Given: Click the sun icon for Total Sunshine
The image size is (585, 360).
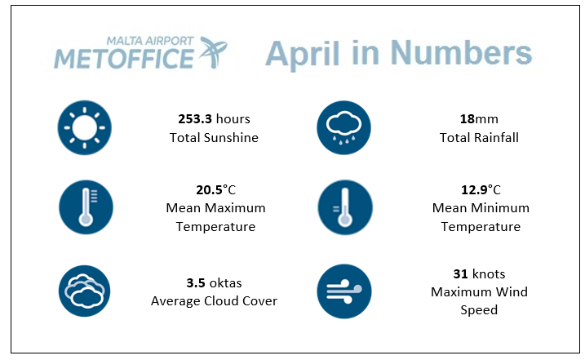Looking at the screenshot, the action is pyautogui.click(x=85, y=127).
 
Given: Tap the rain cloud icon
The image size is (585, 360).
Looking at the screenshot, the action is pyautogui.click(x=343, y=127).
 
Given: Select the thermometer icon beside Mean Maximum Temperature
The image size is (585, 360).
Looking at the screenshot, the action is pyautogui.click(x=86, y=207).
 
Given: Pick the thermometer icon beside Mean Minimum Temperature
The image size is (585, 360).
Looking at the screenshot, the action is pyautogui.click(x=345, y=207).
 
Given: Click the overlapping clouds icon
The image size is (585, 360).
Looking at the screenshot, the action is pyautogui.click(x=84, y=291).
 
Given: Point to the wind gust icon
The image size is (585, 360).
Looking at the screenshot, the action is pyautogui.click(x=344, y=291).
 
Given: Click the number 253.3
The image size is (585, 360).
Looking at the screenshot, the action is pyautogui.click(x=195, y=118).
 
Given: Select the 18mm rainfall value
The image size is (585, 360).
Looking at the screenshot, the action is pyautogui.click(x=479, y=118).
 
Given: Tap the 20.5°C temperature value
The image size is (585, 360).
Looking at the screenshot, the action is pyautogui.click(x=215, y=189).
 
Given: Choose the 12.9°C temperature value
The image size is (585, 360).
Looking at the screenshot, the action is pyautogui.click(x=481, y=189).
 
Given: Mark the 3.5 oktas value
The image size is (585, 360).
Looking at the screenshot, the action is pyautogui.click(x=214, y=282).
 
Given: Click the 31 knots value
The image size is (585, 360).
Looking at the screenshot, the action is pyautogui.click(x=479, y=273).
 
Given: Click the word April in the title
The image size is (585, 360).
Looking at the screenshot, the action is pyautogui.click(x=303, y=54).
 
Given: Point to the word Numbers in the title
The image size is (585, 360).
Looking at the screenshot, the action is pyautogui.click(x=461, y=53).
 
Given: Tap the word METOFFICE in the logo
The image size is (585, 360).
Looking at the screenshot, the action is pyautogui.click(x=124, y=59).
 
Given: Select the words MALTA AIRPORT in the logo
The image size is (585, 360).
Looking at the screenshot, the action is pyautogui.click(x=150, y=41).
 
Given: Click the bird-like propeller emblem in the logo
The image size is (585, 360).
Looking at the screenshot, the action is pyautogui.click(x=213, y=52).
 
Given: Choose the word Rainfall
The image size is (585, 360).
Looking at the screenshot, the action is pyautogui.click(x=496, y=137).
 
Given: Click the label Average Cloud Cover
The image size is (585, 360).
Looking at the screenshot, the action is pyautogui.click(x=214, y=300).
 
